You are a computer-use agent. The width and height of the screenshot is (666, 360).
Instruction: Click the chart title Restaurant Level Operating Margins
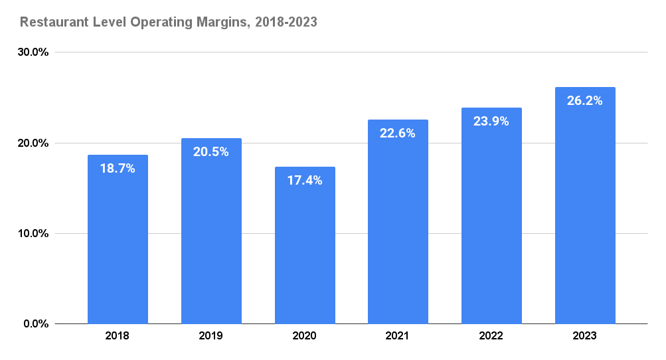pyautogui.click(x=168, y=22)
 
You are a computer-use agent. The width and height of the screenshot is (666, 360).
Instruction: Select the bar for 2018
pyautogui.click(x=118, y=246)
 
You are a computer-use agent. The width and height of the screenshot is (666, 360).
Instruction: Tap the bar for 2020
pyautogui.click(x=305, y=252)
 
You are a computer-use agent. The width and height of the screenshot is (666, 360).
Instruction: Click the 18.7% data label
pyautogui.click(x=118, y=169)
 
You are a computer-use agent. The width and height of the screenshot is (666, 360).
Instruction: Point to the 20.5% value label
pyautogui.click(x=211, y=152)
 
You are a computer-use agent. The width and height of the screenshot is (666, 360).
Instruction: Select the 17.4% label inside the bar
pyautogui.click(x=305, y=180)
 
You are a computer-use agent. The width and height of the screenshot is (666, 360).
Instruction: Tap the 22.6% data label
pyautogui.click(x=398, y=134)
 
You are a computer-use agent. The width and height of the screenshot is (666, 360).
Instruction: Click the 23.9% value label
pyautogui.click(x=491, y=122)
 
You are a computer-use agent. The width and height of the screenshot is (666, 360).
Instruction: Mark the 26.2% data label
pyautogui.click(x=585, y=101)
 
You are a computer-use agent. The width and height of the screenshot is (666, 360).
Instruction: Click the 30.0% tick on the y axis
pyautogui.click(x=33, y=52)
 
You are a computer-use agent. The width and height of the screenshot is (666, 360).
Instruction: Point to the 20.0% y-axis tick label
pyautogui.click(x=33, y=143)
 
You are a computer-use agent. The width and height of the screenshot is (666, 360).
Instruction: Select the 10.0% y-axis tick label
pyautogui.click(x=33, y=234)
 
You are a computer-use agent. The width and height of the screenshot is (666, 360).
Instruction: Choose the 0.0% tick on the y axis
pyautogui.click(x=35, y=324)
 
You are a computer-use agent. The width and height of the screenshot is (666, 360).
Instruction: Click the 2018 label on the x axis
pyautogui.click(x=118, y=336)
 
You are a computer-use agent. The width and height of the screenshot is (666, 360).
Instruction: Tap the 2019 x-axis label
pyautogui.click(x=211, y=336)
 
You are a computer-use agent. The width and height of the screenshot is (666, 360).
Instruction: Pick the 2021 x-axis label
pyautogui.click(x=398, y=336)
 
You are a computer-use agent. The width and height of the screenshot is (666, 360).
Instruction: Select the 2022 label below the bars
pyautogui.click(x=491, y=336)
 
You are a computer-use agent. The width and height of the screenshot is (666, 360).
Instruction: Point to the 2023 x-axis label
pyautogui.click(x=585, y=336)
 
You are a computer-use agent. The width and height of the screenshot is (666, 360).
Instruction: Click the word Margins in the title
pyautogui.click(x=223, y=22)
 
